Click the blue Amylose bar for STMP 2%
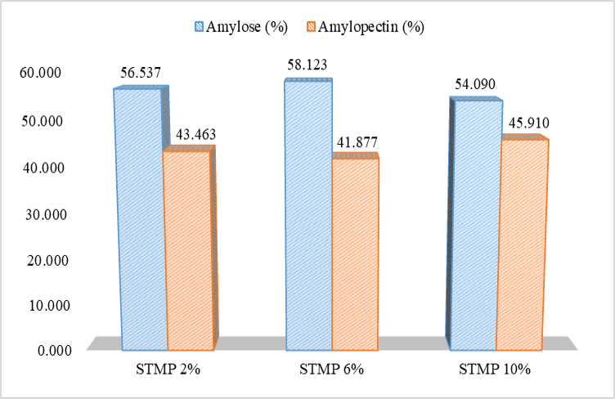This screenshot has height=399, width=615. coord(141,218)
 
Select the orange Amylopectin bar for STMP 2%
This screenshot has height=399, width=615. coord(189,249)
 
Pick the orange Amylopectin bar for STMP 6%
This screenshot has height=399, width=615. coord(356,253)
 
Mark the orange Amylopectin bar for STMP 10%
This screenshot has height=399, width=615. coord(522,243)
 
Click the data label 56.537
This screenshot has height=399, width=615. coord(141,73)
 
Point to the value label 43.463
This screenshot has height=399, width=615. coord(195,134)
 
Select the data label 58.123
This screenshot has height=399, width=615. coord(307,65)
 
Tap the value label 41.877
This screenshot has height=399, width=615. coord(357,142)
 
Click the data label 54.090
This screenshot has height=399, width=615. coord(475,84)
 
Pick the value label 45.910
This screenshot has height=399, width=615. coord(528,123)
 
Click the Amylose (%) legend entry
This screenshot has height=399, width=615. coord(241,27)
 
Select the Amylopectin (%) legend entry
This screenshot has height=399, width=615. coord(366,27)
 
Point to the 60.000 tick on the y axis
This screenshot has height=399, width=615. coord(40,73)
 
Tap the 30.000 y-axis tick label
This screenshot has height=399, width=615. coord(46,215)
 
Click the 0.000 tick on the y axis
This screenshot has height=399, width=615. coord(55,351)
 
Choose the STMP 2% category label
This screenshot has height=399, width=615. coord(168,370)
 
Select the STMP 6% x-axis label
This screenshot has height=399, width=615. coord(331,370)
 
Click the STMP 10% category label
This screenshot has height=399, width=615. coord(495,370)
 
